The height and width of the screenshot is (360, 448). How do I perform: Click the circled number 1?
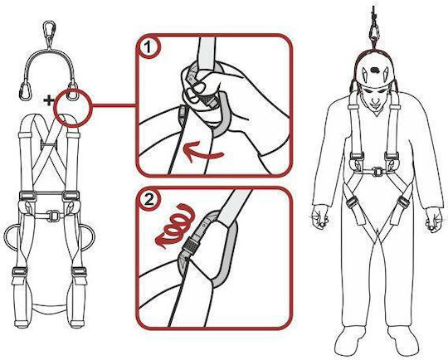click(148, 46)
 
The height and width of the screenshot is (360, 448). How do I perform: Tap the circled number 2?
click(149, 199)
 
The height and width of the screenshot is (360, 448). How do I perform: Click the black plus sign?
click(49, 100)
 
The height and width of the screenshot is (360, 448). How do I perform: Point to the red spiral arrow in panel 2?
click(175, 225)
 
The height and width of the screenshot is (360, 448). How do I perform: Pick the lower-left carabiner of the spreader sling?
click(25, 90)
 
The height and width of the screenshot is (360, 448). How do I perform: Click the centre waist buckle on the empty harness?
click(52, 216)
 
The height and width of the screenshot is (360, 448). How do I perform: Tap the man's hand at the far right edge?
click(434, 220)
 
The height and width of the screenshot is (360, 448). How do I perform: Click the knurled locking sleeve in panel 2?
click(189, 245)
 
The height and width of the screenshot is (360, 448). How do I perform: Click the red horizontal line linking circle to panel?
click(114, 106)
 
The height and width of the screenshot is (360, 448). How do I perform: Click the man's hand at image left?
click(320, 218)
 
